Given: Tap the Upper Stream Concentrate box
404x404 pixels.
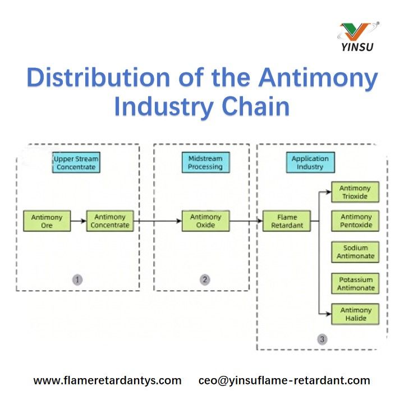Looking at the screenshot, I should click(x=76, y=163).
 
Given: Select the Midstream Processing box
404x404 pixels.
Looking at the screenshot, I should click(x=205, y=163).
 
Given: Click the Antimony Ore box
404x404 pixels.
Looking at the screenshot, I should click(x=47, y=221).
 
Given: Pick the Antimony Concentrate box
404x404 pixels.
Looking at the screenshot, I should click(x=110, y=221).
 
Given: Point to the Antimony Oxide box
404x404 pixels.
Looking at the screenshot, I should click(x=206, y=221).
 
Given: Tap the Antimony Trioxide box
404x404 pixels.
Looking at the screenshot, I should click(x=355, y=192).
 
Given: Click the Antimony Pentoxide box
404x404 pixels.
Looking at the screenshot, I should click(x=355, y=221).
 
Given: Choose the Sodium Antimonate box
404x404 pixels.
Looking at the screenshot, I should click(x=355, y=252).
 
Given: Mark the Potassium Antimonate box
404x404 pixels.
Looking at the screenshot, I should click(x=355, y=283).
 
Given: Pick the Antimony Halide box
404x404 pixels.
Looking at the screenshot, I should click(x=355, y=314).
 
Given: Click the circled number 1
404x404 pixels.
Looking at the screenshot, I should click(x=77, y=279).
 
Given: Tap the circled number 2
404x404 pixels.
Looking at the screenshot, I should click(x=205, y=279).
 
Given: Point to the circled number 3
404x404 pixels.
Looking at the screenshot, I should click(x=322, y=339).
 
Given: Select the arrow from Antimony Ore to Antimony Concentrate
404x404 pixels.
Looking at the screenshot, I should click(x=79, y=221).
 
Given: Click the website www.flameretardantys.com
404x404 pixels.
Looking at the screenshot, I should click(x=108, y=380).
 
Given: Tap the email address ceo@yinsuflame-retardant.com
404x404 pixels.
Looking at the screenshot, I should click(x=284, y=380).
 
